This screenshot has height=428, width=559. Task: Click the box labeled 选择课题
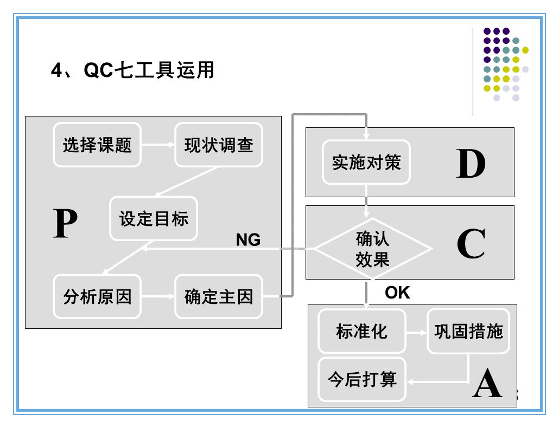[97, 145]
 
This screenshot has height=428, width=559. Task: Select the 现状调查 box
[219, 145]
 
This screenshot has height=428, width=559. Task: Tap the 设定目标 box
[154, 218]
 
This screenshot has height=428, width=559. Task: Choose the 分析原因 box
[97, 296]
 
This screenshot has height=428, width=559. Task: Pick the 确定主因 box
[219, 296]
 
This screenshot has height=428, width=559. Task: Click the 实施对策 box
[366, 162]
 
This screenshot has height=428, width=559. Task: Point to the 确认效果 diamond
[373, 249]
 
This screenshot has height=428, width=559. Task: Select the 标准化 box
[362, 331]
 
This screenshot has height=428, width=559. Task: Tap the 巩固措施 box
[468, 331]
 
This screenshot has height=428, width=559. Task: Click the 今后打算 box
[362, 379]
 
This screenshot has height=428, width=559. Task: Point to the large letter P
[65, 224]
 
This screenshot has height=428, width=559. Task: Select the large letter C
[471, 244]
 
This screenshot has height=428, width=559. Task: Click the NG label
[248, 239]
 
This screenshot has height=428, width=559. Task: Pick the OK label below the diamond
[397, 293]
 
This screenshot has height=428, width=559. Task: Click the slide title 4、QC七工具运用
[132, 70]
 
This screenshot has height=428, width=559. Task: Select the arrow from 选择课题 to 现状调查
[157, 145]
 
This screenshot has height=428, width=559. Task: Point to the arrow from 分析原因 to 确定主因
[157, 296]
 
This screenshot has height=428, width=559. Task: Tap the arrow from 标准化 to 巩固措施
[416, 332]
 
